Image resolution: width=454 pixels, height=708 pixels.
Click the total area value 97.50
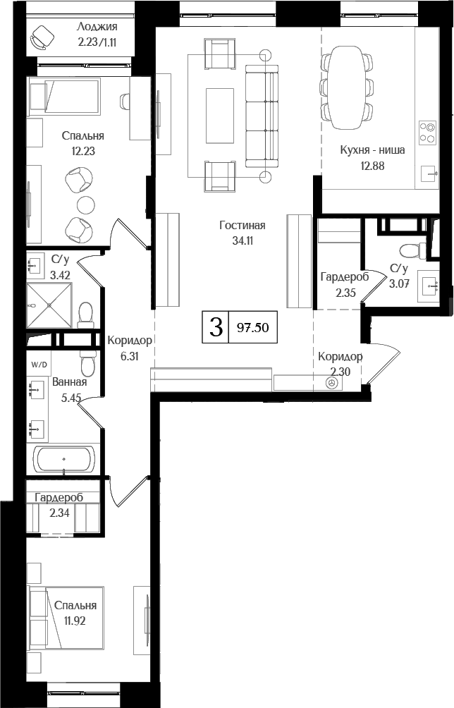(x=253, y=328)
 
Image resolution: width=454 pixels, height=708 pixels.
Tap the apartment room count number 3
(x=216, y=328)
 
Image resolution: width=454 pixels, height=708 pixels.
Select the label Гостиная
(x=242, y=226)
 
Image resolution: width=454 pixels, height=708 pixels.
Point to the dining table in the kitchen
(x=346, y=87)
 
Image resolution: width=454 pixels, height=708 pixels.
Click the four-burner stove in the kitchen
(x=427, y=133)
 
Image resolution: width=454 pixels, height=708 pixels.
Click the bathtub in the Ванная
(x=64, y=460)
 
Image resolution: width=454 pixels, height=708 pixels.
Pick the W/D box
(x=39, y=365)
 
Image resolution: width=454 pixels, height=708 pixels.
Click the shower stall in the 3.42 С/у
(x=49, y=305)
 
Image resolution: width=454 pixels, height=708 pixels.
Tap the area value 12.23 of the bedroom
(x=82, y=149)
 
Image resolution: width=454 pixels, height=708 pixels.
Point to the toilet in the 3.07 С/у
(x=410, y=250)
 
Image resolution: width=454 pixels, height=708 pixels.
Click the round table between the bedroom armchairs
(x=85, y=205)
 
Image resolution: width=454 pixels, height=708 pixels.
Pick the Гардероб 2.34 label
(x=59, y=503)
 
